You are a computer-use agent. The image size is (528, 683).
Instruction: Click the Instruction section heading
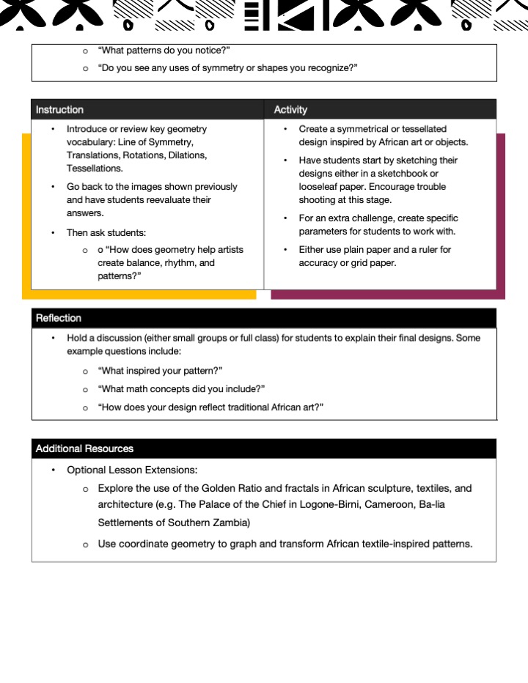coord(59,110)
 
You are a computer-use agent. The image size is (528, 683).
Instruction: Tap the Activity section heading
coord(290,110)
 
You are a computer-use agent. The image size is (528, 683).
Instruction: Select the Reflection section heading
coord(59,318)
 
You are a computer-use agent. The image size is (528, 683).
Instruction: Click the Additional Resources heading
coord(84,448)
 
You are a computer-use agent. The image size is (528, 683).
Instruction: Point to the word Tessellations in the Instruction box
coord(94,169)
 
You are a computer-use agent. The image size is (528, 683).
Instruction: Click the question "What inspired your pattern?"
coord(160,371)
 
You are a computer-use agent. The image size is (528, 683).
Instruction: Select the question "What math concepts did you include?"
coord(181,388)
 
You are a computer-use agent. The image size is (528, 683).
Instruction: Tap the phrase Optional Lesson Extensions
coord(132,470)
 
